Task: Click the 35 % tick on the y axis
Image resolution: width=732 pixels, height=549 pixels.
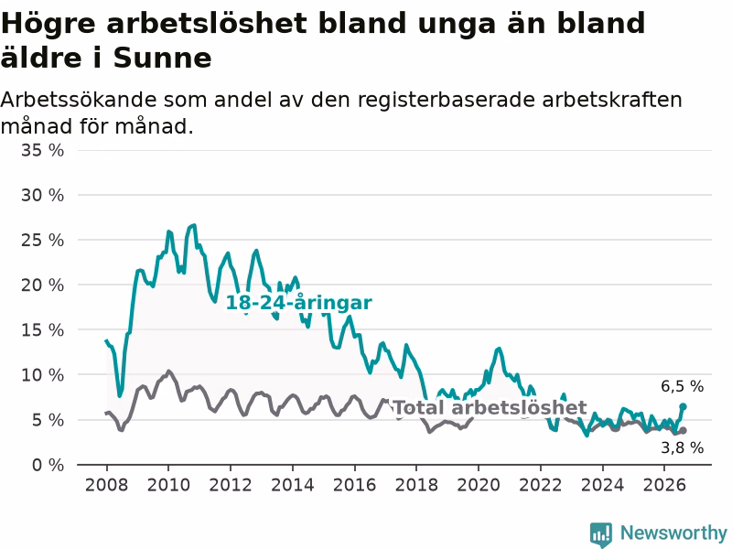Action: (42, 150)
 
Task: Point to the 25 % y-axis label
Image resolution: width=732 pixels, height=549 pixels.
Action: (42, 241)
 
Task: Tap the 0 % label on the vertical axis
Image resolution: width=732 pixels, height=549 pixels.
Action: (48, 465)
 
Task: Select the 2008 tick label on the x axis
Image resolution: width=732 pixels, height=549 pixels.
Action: (106, 485)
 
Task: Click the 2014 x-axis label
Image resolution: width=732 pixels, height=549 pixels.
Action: (292, 485)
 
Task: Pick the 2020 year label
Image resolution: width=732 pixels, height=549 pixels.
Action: (479, 485)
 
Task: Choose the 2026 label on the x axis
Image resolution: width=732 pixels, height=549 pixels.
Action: (664, 485)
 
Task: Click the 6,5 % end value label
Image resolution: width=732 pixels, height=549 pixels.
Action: (682, 386)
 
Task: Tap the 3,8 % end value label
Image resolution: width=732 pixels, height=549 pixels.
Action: (682, 448)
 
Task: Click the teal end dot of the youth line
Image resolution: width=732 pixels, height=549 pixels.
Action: (683, 406)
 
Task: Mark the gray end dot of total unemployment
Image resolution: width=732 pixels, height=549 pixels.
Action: (683, 430)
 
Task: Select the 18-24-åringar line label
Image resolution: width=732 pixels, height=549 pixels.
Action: (299, 303)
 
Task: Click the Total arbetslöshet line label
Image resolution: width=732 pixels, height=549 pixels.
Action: (490, 407)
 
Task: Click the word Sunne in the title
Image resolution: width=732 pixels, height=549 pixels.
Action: (163, 58)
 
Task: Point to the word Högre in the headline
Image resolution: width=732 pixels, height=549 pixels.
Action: (48, 24)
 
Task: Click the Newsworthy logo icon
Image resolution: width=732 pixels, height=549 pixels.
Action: (601, 534)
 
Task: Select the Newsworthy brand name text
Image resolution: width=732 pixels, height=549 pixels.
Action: (673, 533)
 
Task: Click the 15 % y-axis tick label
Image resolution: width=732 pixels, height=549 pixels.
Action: (42, 330)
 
